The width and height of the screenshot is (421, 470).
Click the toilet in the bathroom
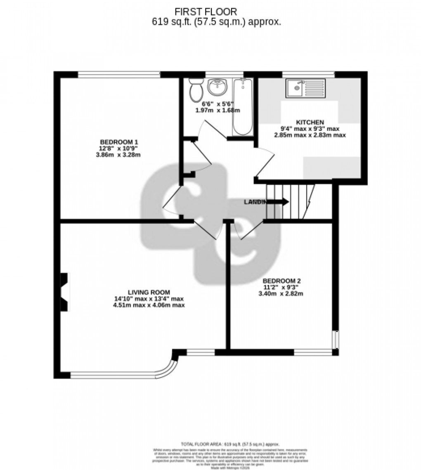[x=195, y=90]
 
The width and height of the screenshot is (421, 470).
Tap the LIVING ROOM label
[x=149, y=292]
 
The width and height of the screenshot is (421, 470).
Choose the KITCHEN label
[x=310, y=122]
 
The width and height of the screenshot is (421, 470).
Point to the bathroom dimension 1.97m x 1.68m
[x=218, y=111]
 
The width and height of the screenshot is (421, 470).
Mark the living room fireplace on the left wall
[x=64, y=292]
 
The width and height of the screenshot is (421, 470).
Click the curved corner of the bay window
[x=175, y=367]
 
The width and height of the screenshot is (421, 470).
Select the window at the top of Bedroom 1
[x=119, y=75]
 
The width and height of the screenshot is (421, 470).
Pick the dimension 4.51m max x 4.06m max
[x=149, y=306]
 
